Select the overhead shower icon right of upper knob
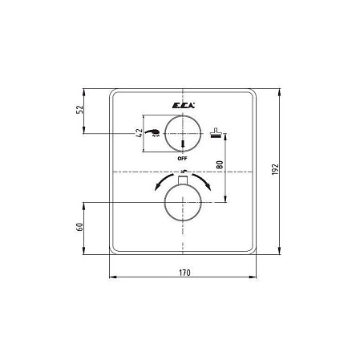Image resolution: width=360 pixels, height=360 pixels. point(214,133)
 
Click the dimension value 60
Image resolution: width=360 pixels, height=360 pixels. point(80,228)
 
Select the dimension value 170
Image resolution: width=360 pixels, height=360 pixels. point(184,273)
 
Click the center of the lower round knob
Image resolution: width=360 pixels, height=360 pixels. point(183,204)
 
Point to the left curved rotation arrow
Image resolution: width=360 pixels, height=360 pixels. point(160,183)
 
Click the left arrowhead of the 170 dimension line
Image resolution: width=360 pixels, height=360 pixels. point(111,277)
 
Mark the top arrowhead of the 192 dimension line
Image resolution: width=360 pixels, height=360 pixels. point(278,90)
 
